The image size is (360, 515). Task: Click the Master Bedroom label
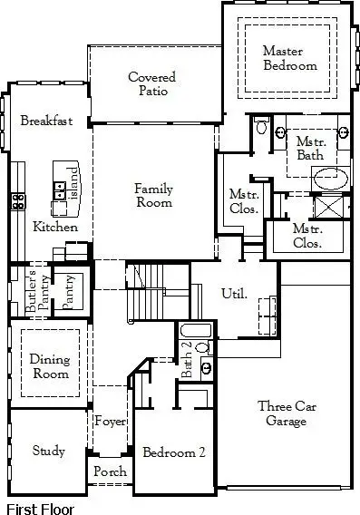coord(289,58)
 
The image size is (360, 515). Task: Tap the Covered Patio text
coord(151,84)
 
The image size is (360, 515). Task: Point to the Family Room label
coord(153,196)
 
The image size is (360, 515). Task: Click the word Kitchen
coord(55,227)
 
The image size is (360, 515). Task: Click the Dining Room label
coord(50,365)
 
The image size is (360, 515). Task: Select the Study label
coord(48,451)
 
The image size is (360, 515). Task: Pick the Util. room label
coord(234,293)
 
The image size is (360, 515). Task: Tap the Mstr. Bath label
coord(309,149)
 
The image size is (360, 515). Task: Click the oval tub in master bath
coord(328,178)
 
